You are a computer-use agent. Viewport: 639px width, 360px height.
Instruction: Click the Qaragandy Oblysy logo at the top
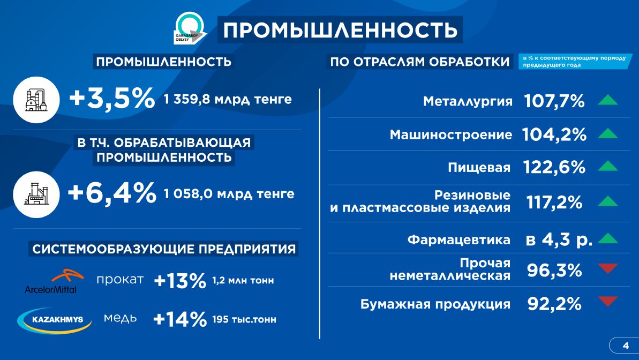coord(190,28)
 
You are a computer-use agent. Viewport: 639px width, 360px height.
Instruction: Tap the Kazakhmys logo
coord(54,320)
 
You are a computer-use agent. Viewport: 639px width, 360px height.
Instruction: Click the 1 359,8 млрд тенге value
coord(228,99)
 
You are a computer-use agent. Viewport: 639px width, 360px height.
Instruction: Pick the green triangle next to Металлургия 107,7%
coord(608,100)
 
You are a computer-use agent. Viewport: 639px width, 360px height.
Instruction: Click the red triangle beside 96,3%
coord(608,268)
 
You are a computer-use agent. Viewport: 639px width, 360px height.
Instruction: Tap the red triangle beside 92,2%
coord(608,301)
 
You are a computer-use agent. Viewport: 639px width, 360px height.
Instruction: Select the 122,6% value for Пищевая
coord(554,167)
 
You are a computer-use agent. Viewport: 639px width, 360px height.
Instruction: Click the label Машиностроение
coord(450,134)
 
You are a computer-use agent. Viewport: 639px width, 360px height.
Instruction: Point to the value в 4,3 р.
coord(559,239)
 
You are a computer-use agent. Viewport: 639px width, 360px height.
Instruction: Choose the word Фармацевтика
coord(459,239)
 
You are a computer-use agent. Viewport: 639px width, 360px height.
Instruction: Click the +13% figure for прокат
coord(180,281)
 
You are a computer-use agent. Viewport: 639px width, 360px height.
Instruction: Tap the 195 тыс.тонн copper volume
coord(244,319)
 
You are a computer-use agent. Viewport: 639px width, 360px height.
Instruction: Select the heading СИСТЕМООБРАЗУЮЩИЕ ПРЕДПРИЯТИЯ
coord(164,249)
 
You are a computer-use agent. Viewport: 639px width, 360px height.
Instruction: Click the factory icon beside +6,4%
coord(36,194)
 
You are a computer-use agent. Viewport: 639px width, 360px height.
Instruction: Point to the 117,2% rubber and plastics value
coord(554,202)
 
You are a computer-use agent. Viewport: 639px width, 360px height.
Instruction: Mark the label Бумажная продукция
coord(435,304)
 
